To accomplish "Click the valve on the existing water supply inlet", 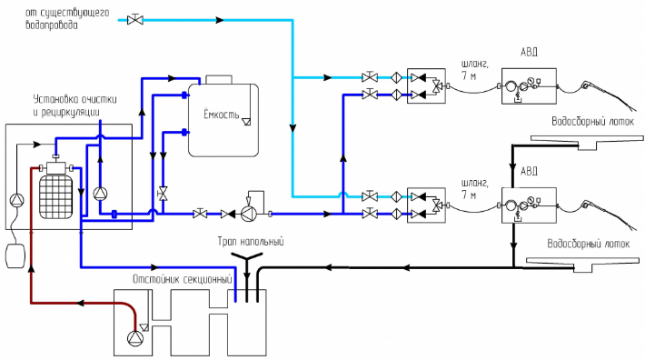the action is coord(135,19).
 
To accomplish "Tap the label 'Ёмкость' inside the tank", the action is coord(222,114).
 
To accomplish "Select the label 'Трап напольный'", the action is coord(251,241).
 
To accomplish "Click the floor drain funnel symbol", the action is coord(247,258).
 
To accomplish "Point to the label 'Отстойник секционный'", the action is coord(183,279).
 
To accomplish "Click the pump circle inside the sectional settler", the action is coord(135,338).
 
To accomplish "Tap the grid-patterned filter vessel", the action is coord(55,195).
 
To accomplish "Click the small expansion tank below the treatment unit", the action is coord(15,255).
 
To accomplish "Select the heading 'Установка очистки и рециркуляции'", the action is coord(74,105).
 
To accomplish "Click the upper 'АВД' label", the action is coord(529,52).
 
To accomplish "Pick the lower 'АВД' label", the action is coord(529,171).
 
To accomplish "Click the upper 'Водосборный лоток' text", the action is coord(592,122).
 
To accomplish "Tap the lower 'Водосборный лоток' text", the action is coord(589,244).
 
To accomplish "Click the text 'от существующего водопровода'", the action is coord(67,19).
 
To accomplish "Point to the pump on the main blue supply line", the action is coord(248,214).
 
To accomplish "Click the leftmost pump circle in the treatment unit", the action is coord(17,200).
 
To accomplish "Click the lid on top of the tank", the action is coord(219,79).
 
